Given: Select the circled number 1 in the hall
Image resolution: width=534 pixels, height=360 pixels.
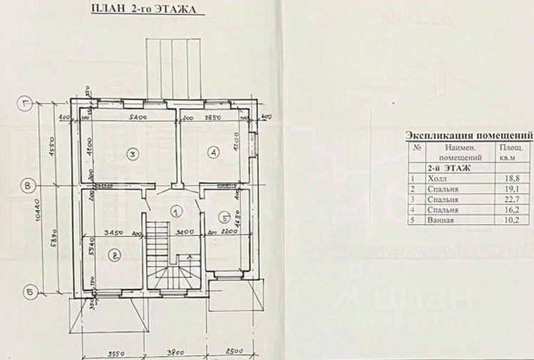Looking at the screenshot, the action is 175,211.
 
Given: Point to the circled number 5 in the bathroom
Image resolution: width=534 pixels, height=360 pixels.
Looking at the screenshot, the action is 223,218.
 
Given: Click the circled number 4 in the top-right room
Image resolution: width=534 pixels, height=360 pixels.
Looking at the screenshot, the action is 212,152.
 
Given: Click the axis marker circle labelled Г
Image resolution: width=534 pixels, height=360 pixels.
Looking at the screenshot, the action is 28,101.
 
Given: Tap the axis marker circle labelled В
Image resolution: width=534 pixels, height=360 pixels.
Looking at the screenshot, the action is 28,187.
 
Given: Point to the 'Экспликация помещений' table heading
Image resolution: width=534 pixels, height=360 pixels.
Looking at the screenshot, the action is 468,135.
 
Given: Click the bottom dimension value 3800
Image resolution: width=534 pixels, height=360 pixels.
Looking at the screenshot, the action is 165,351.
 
